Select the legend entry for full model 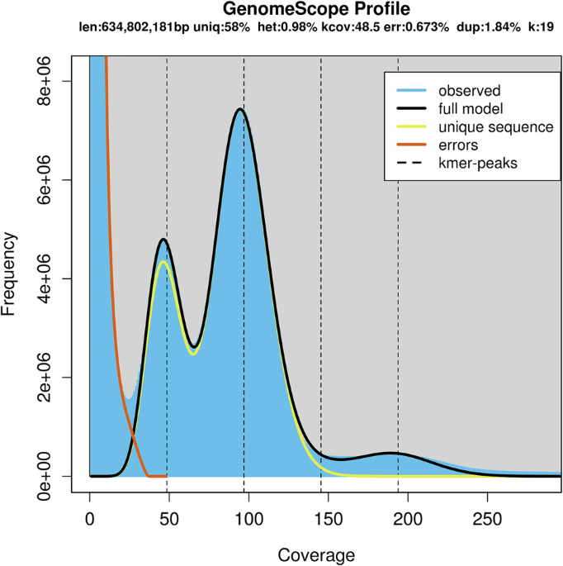[471, 108]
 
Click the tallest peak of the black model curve [239, 109]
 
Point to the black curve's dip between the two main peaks [193, 347]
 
